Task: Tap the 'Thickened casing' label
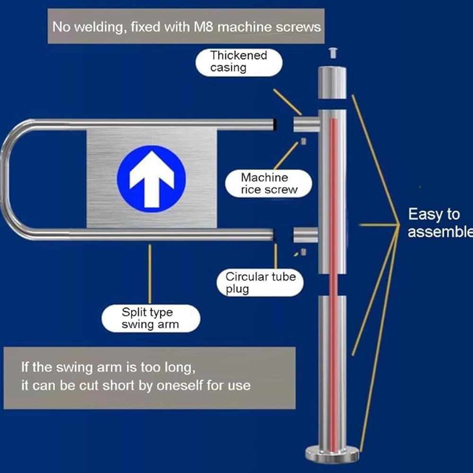click(238, 61)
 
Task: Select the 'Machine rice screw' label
click(269, 184)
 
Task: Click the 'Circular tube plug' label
click(260, 282)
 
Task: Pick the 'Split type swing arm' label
click(150, 318)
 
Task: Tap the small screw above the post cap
click(333, 53)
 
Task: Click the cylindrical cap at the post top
click(332, 82)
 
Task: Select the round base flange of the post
click(332, 455)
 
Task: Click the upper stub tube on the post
click(306, 124)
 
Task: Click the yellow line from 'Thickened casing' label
click(287, 102)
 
